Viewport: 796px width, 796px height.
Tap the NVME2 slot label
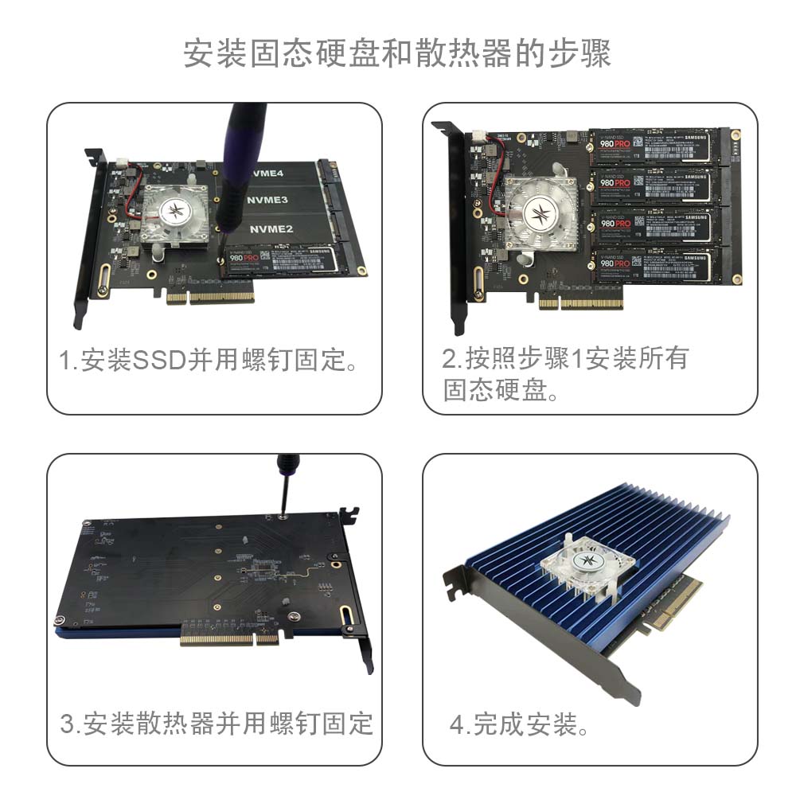point(271,229)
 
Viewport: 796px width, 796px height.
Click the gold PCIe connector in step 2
point(581,303)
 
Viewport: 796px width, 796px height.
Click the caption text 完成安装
point(524,725)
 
